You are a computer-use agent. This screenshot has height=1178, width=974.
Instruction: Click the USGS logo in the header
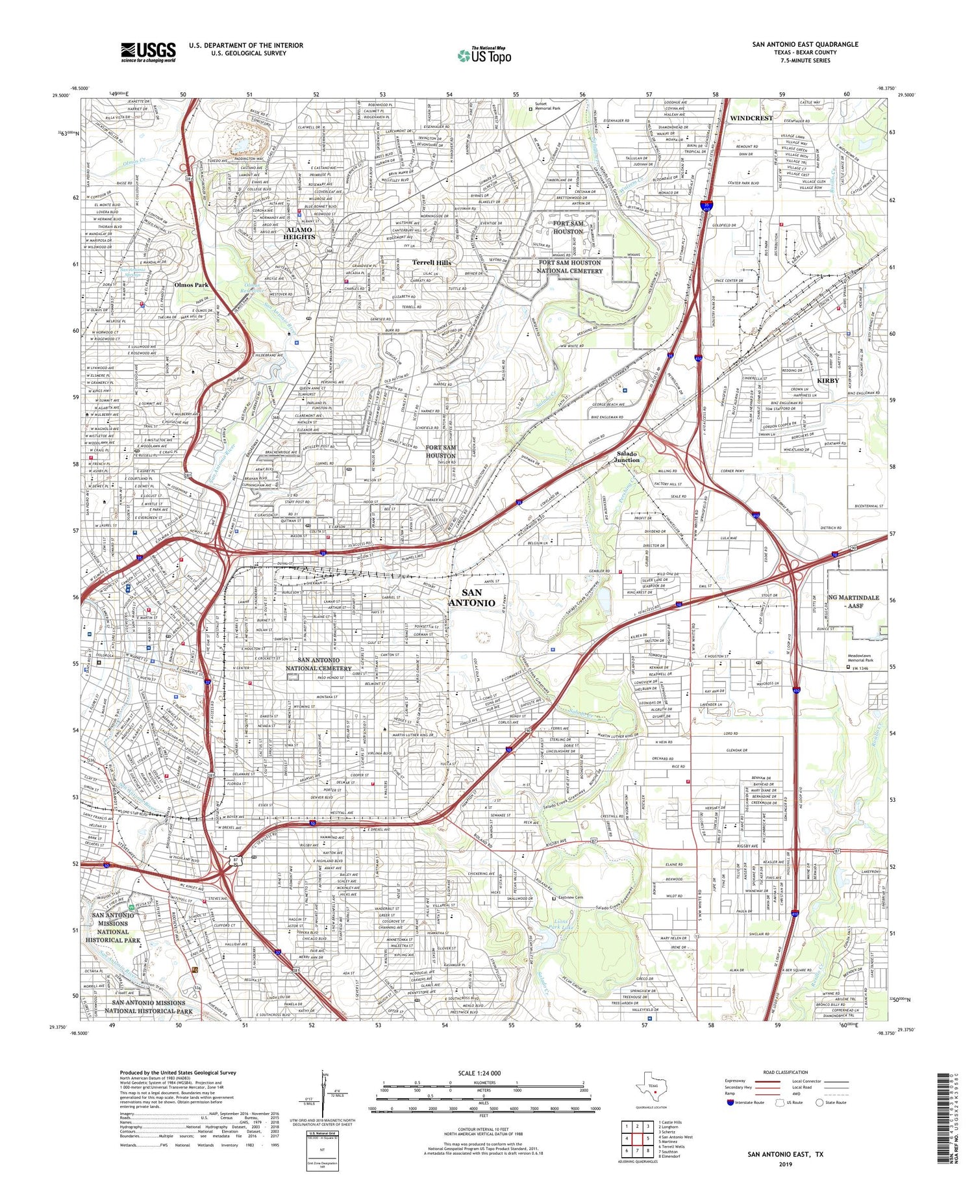(x=148, y=52)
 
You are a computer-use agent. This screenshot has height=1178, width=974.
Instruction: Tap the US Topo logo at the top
(x=484, y=56)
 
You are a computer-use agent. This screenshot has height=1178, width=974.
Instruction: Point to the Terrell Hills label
(x=432, y=262)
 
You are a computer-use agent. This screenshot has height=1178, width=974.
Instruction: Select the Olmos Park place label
(x=191, y=285)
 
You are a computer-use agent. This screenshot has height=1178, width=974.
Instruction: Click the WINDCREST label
(x=751, y=118)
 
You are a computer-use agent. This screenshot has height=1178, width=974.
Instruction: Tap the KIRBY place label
(x=828, y=380)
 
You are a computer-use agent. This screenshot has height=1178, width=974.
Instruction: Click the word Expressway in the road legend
(x=738, y=1081)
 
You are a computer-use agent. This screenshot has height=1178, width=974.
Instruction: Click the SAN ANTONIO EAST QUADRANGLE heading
(x=805, y=44)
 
